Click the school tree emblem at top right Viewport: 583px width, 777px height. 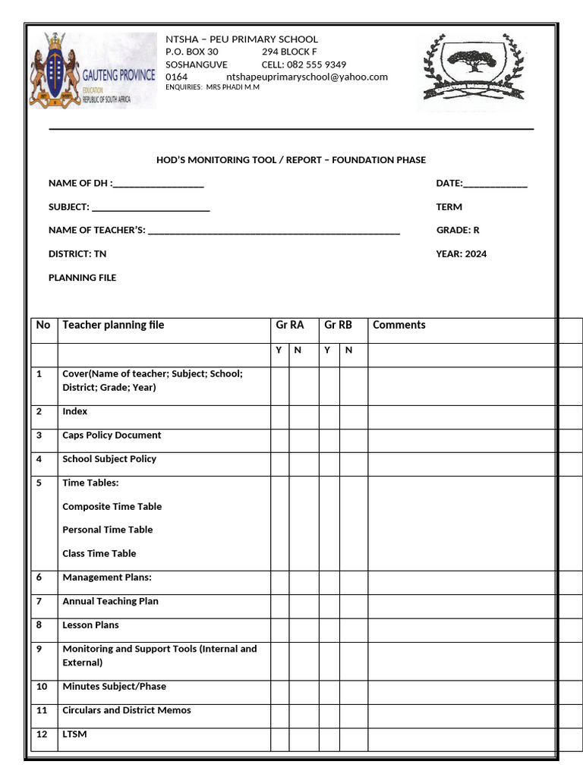click(472, 69)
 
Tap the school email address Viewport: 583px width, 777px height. click(307, 77)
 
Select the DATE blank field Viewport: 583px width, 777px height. click(494, 184)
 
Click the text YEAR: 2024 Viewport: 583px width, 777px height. click(461, 254)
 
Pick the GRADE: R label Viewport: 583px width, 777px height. click(457, 231)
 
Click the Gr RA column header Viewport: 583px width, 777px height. click(289, 325)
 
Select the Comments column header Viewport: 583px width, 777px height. click(399, 325)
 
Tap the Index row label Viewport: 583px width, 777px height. click(74, 411)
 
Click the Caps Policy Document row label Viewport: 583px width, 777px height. click(112, 436)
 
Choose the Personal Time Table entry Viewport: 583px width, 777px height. click(107, 530)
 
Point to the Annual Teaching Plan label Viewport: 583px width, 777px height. click(110, 602)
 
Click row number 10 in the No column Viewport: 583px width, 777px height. click(42, 687)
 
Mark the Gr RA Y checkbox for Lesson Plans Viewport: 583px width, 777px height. click(279, 630)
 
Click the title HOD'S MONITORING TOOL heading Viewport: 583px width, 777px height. click(291, 160)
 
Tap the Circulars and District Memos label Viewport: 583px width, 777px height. click(126, 711)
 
